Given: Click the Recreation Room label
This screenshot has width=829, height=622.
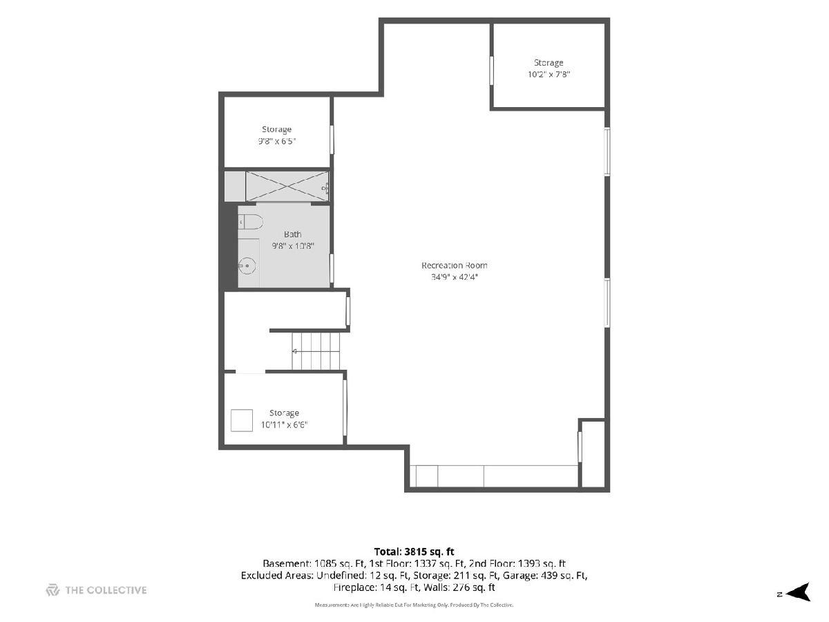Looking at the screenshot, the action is (454, 265).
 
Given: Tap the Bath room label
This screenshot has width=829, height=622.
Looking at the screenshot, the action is (293, 234).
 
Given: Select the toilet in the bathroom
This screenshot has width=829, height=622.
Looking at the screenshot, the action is (250, 222).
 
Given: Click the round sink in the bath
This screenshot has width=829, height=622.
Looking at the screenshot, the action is (247, 266).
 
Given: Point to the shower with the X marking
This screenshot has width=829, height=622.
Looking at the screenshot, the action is (287, 186).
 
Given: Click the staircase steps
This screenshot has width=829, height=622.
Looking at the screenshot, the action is (316, 351).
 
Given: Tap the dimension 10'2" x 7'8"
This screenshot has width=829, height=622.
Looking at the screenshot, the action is (549, 75).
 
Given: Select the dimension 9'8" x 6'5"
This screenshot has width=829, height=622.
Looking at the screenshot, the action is (277, 141).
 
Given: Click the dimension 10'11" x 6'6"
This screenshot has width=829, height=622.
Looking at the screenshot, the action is (284, 425).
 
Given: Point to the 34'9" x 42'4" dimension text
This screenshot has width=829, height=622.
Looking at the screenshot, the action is (455, 277).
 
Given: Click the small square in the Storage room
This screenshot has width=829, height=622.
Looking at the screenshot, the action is (242, 420).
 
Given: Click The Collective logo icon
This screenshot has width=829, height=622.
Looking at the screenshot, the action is (53, 590).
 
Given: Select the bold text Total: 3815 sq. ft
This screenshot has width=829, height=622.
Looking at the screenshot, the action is (414, 552).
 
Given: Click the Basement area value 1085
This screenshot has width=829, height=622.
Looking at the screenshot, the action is (325, 564).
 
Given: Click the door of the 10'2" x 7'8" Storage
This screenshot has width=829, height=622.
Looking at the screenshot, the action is (492, 70).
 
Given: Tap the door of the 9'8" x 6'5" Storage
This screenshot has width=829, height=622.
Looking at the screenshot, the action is (332, 140).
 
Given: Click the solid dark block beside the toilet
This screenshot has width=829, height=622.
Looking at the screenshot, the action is (229, 246).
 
